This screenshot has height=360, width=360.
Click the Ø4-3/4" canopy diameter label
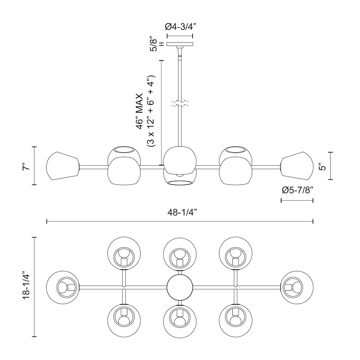click(180, 26)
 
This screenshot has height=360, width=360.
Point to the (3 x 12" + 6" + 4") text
click(151, 112)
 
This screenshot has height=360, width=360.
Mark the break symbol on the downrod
click(180, 104)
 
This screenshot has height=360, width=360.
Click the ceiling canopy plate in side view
click(180, 45)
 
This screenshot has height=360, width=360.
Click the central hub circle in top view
click(180, 287)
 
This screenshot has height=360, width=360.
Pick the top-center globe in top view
click(180, 253)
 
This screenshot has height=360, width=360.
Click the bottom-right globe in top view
click(235, 319)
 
